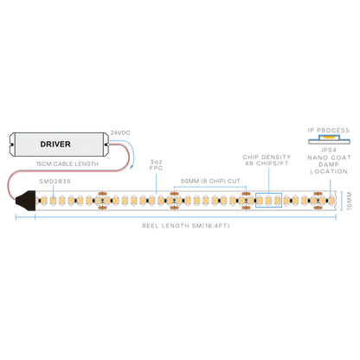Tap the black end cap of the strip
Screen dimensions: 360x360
click(30, 201)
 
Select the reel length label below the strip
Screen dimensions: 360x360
click(185, 225)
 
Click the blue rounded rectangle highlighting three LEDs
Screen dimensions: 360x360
click(269, 201)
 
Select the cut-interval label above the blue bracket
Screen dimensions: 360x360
click(206, 178)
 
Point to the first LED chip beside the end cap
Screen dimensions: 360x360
click(42, 201)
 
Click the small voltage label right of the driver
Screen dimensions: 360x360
click(122, 132)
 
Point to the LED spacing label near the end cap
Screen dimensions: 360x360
click(54, 183)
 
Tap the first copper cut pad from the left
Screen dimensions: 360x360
click(102, 201)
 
